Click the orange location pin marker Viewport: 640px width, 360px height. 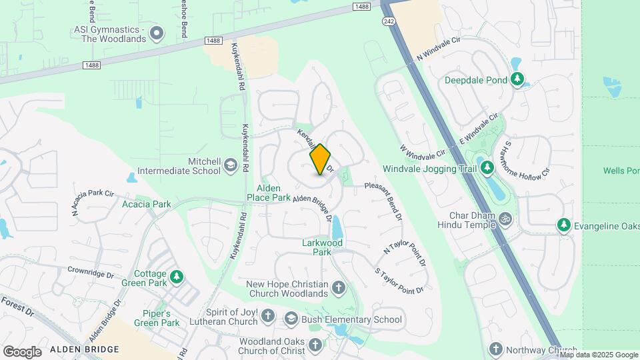321,159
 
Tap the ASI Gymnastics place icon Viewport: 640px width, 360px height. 157,31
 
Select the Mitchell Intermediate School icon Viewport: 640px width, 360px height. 231,165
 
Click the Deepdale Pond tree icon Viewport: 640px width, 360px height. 517,80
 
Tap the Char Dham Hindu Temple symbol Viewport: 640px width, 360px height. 506,219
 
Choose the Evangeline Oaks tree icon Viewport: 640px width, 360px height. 564,225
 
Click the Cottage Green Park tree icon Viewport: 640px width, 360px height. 177,277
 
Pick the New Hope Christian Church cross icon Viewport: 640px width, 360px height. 339,288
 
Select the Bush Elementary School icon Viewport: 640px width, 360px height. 291,319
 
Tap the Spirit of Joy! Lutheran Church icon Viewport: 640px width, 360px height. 267,316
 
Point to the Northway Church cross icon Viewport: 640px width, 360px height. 495,349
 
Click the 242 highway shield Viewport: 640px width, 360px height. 389,21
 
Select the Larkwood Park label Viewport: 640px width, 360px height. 321,247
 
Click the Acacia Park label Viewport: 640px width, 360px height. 146,204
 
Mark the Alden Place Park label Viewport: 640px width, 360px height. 269,193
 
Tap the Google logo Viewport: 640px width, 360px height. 22,351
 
